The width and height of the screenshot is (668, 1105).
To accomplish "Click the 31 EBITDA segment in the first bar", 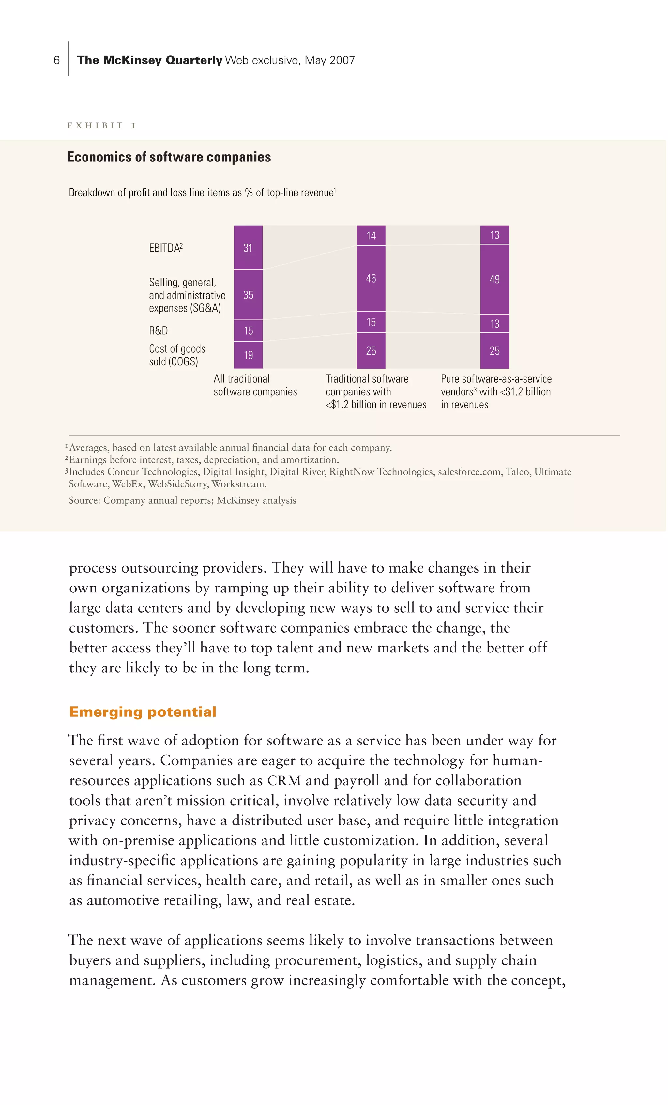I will click(248, 248).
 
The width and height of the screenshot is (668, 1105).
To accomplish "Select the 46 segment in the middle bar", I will click(371, 279).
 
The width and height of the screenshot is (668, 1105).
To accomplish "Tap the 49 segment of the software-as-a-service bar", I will click(494, 279).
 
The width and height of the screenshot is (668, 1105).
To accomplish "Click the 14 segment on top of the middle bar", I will click(371, 236).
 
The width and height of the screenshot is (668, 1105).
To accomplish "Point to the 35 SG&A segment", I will click(248, 295).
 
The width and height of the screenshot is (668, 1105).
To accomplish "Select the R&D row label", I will click(158, 330).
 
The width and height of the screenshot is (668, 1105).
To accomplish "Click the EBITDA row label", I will click(165, 248).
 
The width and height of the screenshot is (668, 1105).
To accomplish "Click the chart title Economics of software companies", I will click(169, 157).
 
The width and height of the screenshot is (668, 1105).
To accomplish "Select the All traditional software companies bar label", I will click(255, 385).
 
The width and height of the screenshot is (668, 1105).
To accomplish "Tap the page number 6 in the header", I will click(56, 60).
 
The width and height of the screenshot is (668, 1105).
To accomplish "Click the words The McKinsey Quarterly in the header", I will click(149, 60).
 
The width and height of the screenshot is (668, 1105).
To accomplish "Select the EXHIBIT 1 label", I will click(101, 125).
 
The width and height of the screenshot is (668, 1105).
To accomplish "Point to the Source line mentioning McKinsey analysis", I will click(182, 500).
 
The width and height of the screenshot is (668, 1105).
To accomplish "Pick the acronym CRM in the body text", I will click(284, 780).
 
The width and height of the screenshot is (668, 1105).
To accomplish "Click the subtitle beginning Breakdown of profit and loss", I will click(202, 193).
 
